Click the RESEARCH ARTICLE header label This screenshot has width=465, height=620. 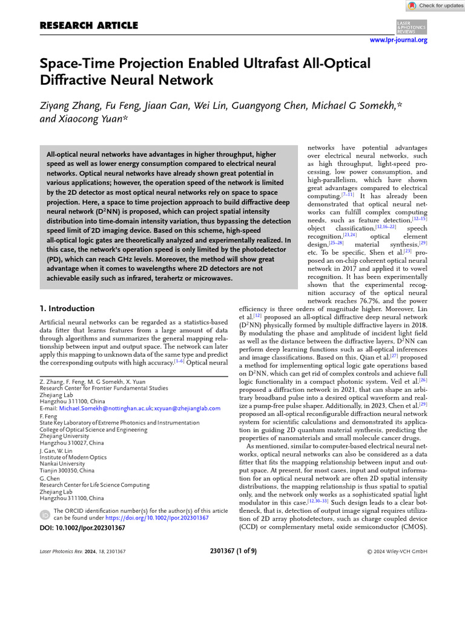pos(88,25)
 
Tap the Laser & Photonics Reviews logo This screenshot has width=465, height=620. pos(411,26)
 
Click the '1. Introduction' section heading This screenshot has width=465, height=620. pos(67,308)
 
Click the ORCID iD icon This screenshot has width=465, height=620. pos(45,515)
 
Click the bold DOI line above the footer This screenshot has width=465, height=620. pos(82,528)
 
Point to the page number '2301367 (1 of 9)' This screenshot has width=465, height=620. pos(232,551)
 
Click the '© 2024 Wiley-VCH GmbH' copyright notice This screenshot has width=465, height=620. pos(397,551)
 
